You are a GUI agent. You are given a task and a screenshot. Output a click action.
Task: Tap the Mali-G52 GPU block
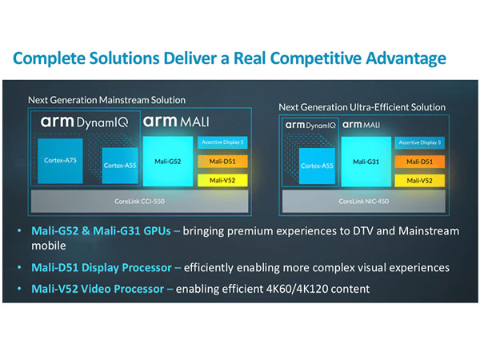[168, 161]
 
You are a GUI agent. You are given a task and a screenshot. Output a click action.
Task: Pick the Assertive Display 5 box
[220, 142]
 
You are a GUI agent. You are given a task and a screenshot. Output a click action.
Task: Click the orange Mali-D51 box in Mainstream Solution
[220, 161]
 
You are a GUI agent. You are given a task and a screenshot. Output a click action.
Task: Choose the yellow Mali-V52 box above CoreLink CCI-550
[220, 180]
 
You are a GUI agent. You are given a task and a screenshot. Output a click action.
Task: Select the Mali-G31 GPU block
[365, 161]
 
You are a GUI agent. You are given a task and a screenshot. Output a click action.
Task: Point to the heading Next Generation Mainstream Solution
[106, 100]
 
